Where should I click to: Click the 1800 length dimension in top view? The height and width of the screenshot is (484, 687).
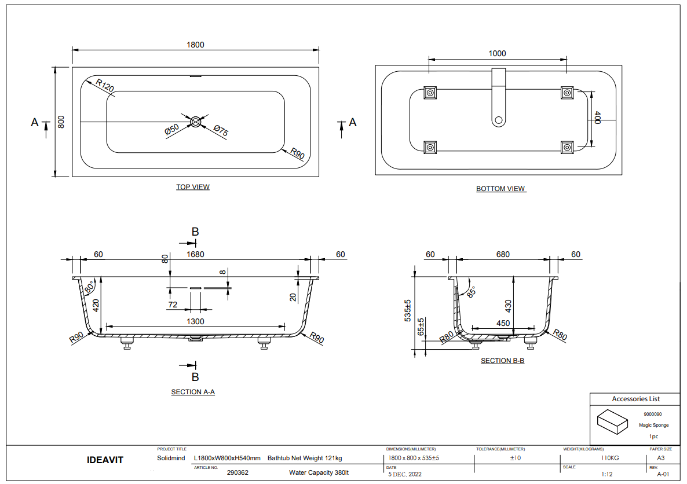click(196, 45)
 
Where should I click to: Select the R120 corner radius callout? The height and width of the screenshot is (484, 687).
click(105, 85)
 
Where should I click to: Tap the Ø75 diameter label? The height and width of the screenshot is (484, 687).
click(221, 131)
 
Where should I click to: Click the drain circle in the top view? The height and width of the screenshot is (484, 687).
click(196, 122)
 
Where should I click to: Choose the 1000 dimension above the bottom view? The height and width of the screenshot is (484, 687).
click(497, 53)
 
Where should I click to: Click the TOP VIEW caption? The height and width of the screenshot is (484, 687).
click(193, 187)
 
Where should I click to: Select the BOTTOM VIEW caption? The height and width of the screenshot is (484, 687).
click(500, 189)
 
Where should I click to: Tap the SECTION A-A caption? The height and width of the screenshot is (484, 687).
click(193, 392)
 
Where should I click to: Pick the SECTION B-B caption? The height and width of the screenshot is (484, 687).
click(502, 361)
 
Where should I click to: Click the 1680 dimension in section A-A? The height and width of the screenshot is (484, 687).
click(196, 254)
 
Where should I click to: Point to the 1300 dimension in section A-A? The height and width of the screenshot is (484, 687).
click(196, 321)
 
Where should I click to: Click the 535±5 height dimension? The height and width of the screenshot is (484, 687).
click(408, 310)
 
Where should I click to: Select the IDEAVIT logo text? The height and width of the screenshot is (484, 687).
click(105, 460)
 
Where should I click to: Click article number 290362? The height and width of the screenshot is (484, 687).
click(237, 472)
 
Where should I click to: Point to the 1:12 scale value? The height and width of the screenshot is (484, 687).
click(606, 474)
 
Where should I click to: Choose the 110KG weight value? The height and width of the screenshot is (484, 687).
click(610, 458)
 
